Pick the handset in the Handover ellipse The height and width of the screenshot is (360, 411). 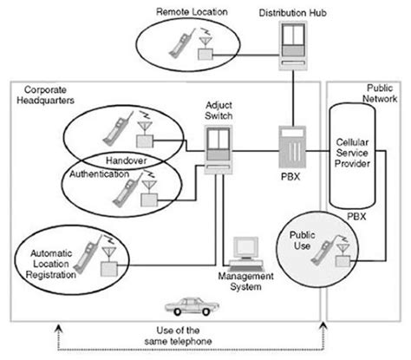[x=115, y=130]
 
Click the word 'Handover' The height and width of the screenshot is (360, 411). [x=124, y=161]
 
